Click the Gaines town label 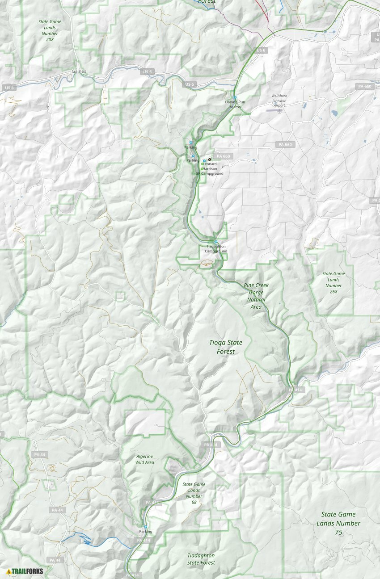(x=79, y=71)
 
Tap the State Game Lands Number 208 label (x=50, y=30)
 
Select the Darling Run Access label (x=235, y=105)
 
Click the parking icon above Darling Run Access (x=235, y=97)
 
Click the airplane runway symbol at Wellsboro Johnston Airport (x=279, y=111)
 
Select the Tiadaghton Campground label (x=216, y=249)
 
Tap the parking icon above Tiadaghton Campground (x=216, y=242)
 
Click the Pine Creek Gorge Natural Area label (x=256, y=296)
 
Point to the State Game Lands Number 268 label (x=334, y=282)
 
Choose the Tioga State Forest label (x=226, y=347)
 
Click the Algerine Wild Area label (x=145, y=459)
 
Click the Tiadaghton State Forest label (x=201, y=559)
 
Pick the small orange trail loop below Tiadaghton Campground (x=206, y=264)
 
